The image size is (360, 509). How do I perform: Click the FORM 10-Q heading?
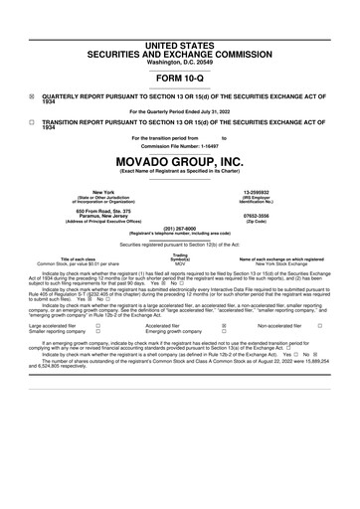[x=179, y=77]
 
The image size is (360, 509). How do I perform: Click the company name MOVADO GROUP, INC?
[x=179, y=161]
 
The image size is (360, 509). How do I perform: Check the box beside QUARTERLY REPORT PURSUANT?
[x=32, y=97]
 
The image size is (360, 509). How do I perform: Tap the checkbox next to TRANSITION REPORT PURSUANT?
[x=32, y=121]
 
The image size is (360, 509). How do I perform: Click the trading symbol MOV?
[x=179, y=263]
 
